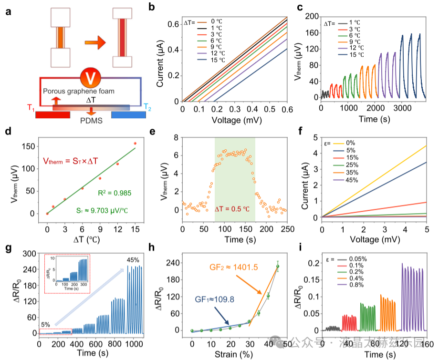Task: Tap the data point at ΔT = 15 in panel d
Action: (135, 143)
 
